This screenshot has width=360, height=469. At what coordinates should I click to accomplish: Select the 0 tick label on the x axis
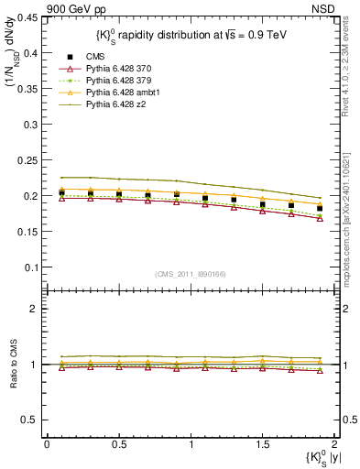(47, 443)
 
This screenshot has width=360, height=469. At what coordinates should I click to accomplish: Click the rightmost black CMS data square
(320, 208)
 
